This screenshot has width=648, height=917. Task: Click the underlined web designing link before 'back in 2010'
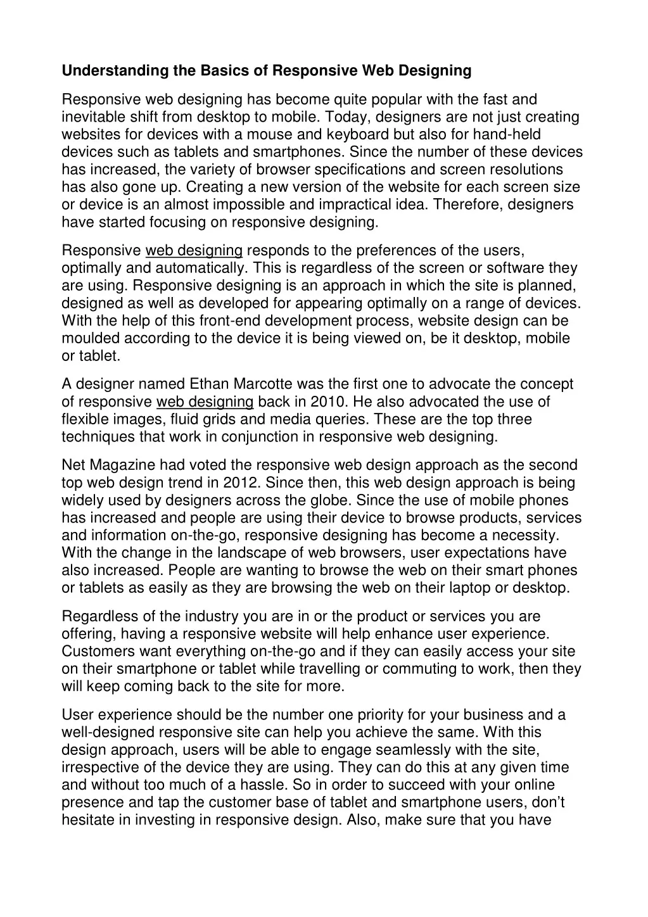[x=205, y=402]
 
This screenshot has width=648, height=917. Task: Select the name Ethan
[x=210, y=384]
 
